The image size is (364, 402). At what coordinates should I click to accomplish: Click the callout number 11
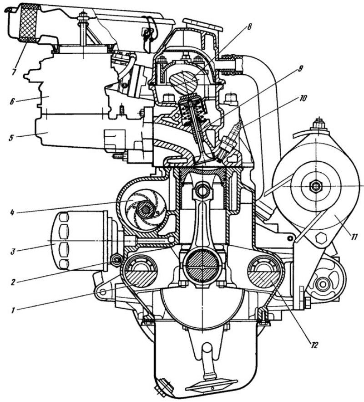[x=354, y=237]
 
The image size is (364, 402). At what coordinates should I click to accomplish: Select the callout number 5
[x=11, y=138]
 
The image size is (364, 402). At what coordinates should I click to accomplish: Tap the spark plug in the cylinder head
[x=228, y=140]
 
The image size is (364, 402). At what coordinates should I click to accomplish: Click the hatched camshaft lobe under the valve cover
[x=185, y=81]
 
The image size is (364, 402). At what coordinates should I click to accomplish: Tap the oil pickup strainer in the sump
[x=212, y=387]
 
